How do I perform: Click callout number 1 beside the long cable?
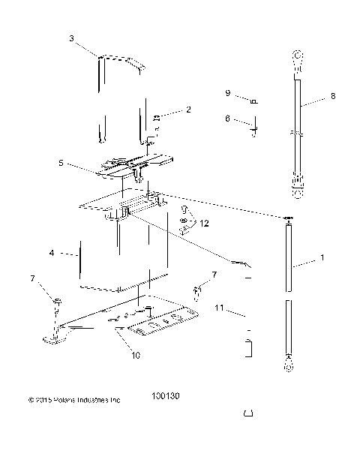[x=322, y=257]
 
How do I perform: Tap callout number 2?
[x=188, y=110]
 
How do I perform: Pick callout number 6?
[x=227, y=119]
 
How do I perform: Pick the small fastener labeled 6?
[x=254, y=126]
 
